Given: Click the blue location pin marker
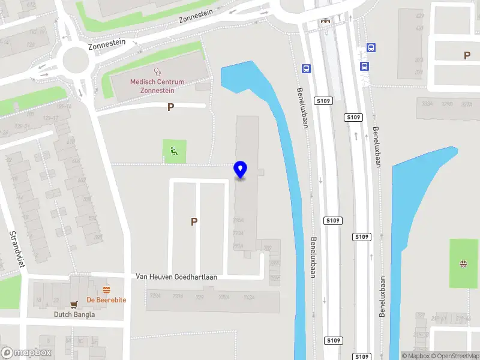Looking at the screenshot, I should [x=240, y=170].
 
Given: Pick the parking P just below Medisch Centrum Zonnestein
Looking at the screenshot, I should [x=170, y=107].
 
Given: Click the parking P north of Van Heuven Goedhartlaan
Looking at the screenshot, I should [x=194, y=221].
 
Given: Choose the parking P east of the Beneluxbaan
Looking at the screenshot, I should [x=467, y=55].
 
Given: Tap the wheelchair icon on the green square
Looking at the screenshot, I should [x=175, y=151].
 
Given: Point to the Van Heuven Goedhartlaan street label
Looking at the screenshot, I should [x=176, y=277].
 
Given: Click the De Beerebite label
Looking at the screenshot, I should [x=106, y=299].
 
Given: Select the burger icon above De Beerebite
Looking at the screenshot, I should [x=106, y=289].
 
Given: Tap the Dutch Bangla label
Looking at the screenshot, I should [x=74, y=314].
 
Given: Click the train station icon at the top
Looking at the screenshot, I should [x=326, y=20].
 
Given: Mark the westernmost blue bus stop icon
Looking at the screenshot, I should [x=307, y=69].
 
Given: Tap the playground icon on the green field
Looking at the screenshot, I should [x=463, y=263].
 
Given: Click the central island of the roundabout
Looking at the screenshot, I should [x=75, y=58].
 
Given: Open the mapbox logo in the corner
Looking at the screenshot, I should [x=26, y=353].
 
